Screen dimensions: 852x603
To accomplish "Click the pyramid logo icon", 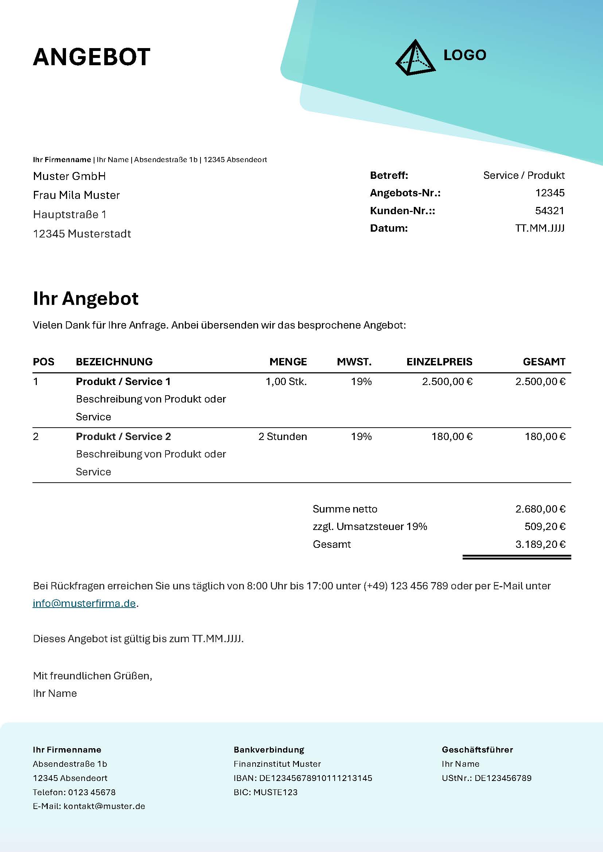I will (415, 58).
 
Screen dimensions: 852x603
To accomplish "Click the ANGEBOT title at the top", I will (92, 57).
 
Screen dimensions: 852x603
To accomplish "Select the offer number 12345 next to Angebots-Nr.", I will (549, 193).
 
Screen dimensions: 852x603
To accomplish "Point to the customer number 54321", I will (549, 211).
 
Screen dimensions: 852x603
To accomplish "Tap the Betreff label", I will (389, 175).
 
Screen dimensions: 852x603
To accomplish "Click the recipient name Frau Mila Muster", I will (76, 195).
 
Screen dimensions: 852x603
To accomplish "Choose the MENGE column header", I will (288, 362).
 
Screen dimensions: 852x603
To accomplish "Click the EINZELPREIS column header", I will (439, 362).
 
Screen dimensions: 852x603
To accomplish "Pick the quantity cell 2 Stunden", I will (283, 436).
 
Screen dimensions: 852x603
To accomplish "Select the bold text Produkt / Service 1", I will (123, 381).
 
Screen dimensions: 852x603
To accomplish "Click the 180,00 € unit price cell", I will (452, 436).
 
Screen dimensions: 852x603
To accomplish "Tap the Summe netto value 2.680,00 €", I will (540, 509).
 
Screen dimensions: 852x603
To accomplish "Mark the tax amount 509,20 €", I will (545, 526).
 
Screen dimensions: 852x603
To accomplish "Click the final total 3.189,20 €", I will (540, 544).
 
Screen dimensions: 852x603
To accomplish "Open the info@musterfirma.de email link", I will (84, 603).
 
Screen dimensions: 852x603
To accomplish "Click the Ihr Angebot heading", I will (85, 299).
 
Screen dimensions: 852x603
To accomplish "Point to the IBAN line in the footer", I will (303, 778).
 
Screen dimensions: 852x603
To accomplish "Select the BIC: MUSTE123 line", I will (265, 792).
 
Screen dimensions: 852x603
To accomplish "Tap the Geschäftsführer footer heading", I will (477, 750).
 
